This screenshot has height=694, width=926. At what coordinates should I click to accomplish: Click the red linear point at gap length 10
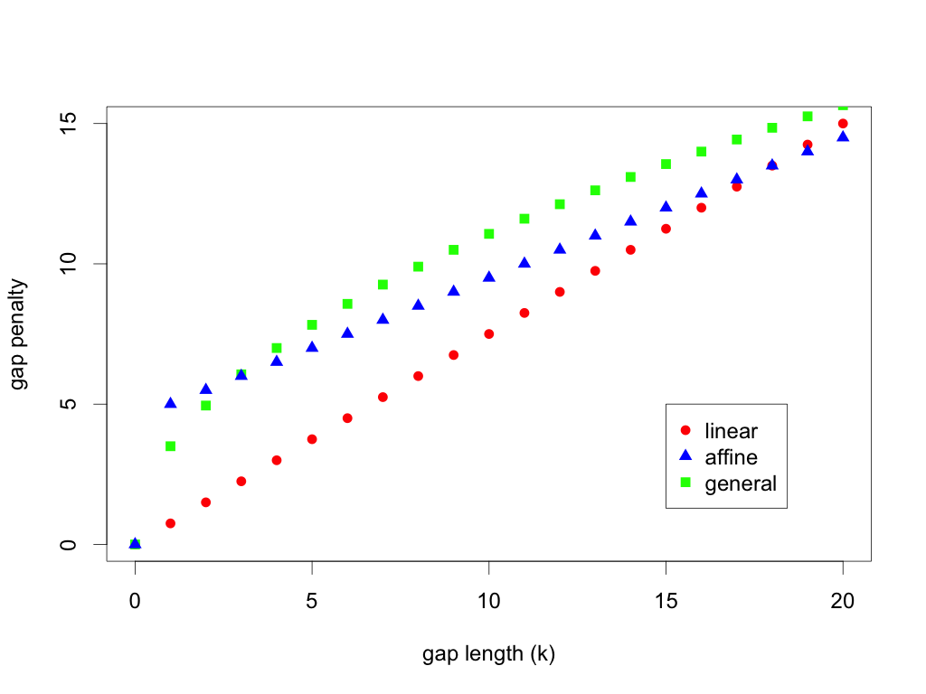point(489,333)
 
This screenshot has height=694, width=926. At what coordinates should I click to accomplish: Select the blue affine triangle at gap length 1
point(170,403)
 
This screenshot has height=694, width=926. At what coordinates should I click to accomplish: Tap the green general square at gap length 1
point(170,445)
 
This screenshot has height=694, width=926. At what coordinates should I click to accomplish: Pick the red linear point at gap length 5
point(312,439)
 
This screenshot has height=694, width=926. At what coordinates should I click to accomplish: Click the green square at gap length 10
point(489,233)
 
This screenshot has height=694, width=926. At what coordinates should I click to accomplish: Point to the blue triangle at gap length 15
point(666,206)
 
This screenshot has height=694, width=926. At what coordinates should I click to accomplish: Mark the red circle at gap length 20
point(843,123)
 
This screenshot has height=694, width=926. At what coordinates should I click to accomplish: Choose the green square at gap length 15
point(666,164)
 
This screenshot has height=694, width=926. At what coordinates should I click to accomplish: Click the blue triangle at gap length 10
point(489,277)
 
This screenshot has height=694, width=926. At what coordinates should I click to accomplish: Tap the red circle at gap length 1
point(170,523)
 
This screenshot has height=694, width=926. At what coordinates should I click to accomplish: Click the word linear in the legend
point(731,431)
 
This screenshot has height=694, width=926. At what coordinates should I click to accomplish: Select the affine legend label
point(731,457)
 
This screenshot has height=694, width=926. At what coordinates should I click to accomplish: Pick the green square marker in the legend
point(685,483)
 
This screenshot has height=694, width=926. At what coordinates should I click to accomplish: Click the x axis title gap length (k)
point(488,654)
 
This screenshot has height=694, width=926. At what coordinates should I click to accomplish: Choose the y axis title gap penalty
point(19,333)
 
